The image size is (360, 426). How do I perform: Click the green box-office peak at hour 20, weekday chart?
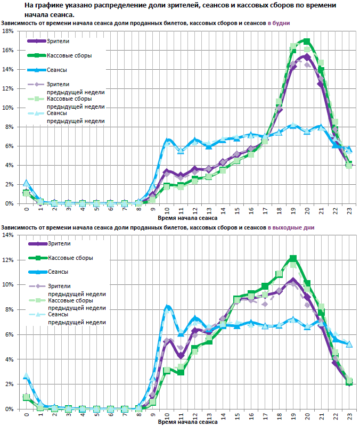tap(307, 41)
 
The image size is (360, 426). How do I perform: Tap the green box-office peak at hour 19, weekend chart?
tap(293, 258)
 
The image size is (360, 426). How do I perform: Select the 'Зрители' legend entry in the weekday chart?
tap(59, 41)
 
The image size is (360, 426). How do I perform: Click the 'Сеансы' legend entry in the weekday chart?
tap(58, 70)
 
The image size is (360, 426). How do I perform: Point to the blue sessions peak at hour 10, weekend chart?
tap(167, 307)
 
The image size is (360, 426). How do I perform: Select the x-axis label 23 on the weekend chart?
tap(349, 416)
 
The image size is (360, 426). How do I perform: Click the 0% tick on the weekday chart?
tap(9, 203)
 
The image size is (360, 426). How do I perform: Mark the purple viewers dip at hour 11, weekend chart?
tap(181, 356)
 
